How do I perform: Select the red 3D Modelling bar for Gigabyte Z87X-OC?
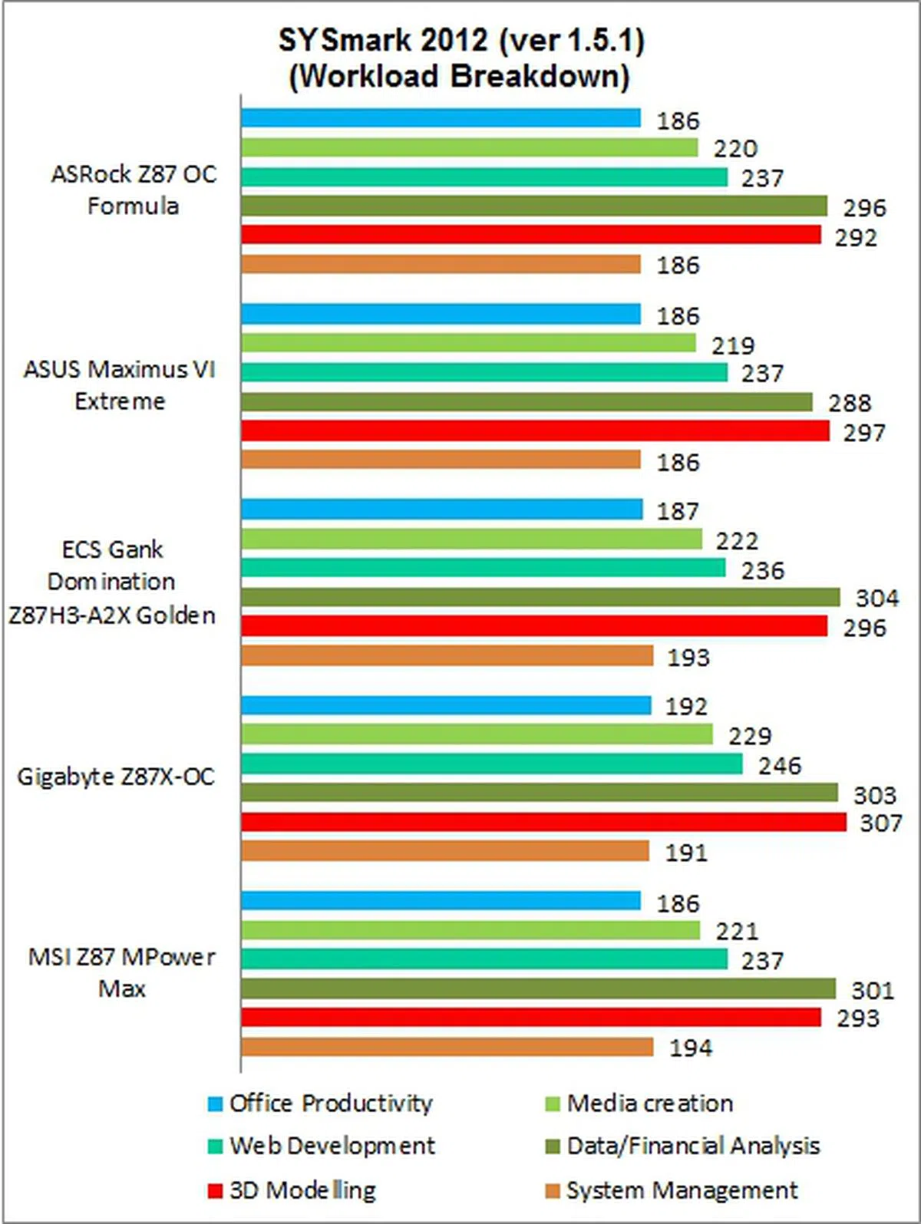coord(543,823)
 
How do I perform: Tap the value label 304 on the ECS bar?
coord(876,598)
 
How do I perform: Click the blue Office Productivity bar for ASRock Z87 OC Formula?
coord(441,118)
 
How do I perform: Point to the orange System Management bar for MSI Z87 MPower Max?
coord(447,1047)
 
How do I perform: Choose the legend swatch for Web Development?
coord(215,1146)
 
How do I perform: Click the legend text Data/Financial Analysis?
coord(693,1146)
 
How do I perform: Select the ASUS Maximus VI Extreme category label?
coord(120,385)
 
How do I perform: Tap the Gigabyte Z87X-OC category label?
coord(116,777)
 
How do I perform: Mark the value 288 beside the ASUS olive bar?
coord(850,403)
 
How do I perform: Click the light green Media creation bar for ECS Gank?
coord(471,539)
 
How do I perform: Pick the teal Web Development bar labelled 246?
coord(491,764)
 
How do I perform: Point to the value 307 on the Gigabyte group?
coord(880,823)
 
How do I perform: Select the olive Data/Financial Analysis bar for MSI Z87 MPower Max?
coord(538,988)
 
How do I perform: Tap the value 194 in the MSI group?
coord(691,1048)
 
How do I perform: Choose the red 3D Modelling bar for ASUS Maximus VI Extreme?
coord(535,431)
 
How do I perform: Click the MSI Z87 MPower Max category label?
coord(121,973)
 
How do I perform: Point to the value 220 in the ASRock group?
coord(735,148)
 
